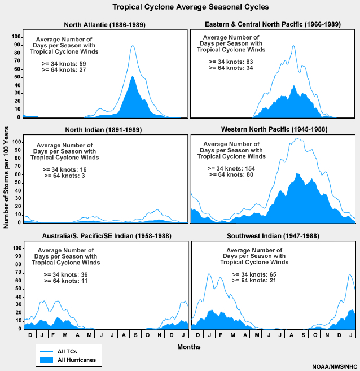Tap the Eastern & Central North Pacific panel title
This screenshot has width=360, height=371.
point(273,25)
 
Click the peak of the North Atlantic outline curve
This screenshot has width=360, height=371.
point(133,46)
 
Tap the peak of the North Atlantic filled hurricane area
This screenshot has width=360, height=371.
point(132,77)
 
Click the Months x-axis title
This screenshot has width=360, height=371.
point(188,346)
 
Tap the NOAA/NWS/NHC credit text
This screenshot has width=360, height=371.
point(334,366)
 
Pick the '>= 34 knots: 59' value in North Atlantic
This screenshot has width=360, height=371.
point(64,63)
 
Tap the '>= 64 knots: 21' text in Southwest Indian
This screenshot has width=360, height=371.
point(253,281)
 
